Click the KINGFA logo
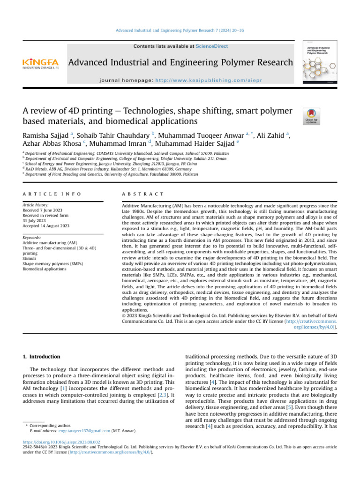[40, 63]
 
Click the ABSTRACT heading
[142, 194]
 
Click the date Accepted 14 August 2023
[46, 226]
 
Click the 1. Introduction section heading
[42, 357]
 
